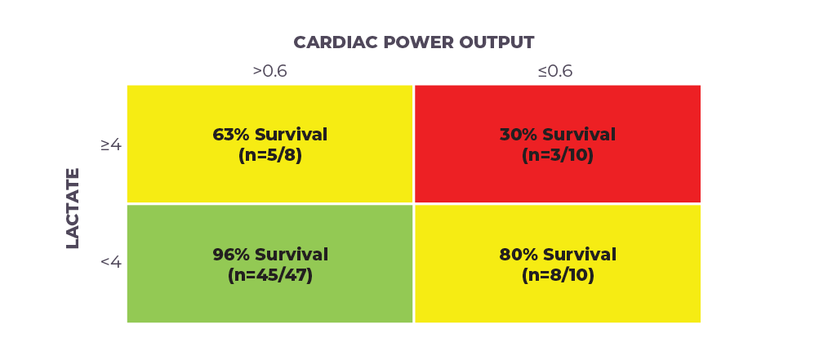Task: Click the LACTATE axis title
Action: point(73,208)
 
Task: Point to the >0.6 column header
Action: point(269,71)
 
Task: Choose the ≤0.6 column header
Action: point(555,71)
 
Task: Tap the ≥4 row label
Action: point(111,144)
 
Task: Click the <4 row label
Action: point(111,262)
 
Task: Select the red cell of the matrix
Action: point(558,144)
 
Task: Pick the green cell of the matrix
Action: point(269,264)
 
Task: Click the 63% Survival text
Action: point(269,135)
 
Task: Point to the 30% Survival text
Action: point(558,135)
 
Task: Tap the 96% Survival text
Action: point(270,255)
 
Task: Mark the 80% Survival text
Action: point(558,255)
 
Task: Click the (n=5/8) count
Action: point(269,156)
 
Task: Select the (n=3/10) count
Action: point(558,156)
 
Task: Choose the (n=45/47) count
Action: point(270,276)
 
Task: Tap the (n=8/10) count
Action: point(558,276)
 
